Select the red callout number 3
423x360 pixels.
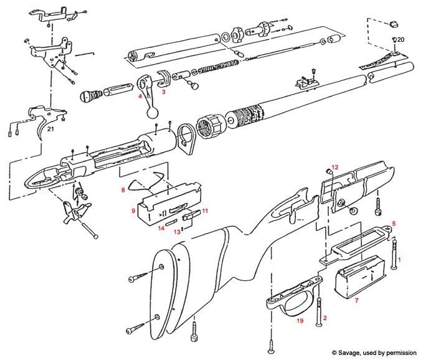tap(164, 92)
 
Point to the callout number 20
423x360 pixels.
tap(401, 39)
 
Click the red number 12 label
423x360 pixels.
tap(335, 167)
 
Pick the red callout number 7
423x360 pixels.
tap(356, 301)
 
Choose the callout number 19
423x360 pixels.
tap(300, 321)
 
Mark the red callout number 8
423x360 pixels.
tap(123, 189)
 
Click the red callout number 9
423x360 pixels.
tap(133, 211)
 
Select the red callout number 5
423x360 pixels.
tap(393, 222)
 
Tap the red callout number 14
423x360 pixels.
tap(160, 229)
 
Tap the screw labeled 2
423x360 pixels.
tap(320, 311)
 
